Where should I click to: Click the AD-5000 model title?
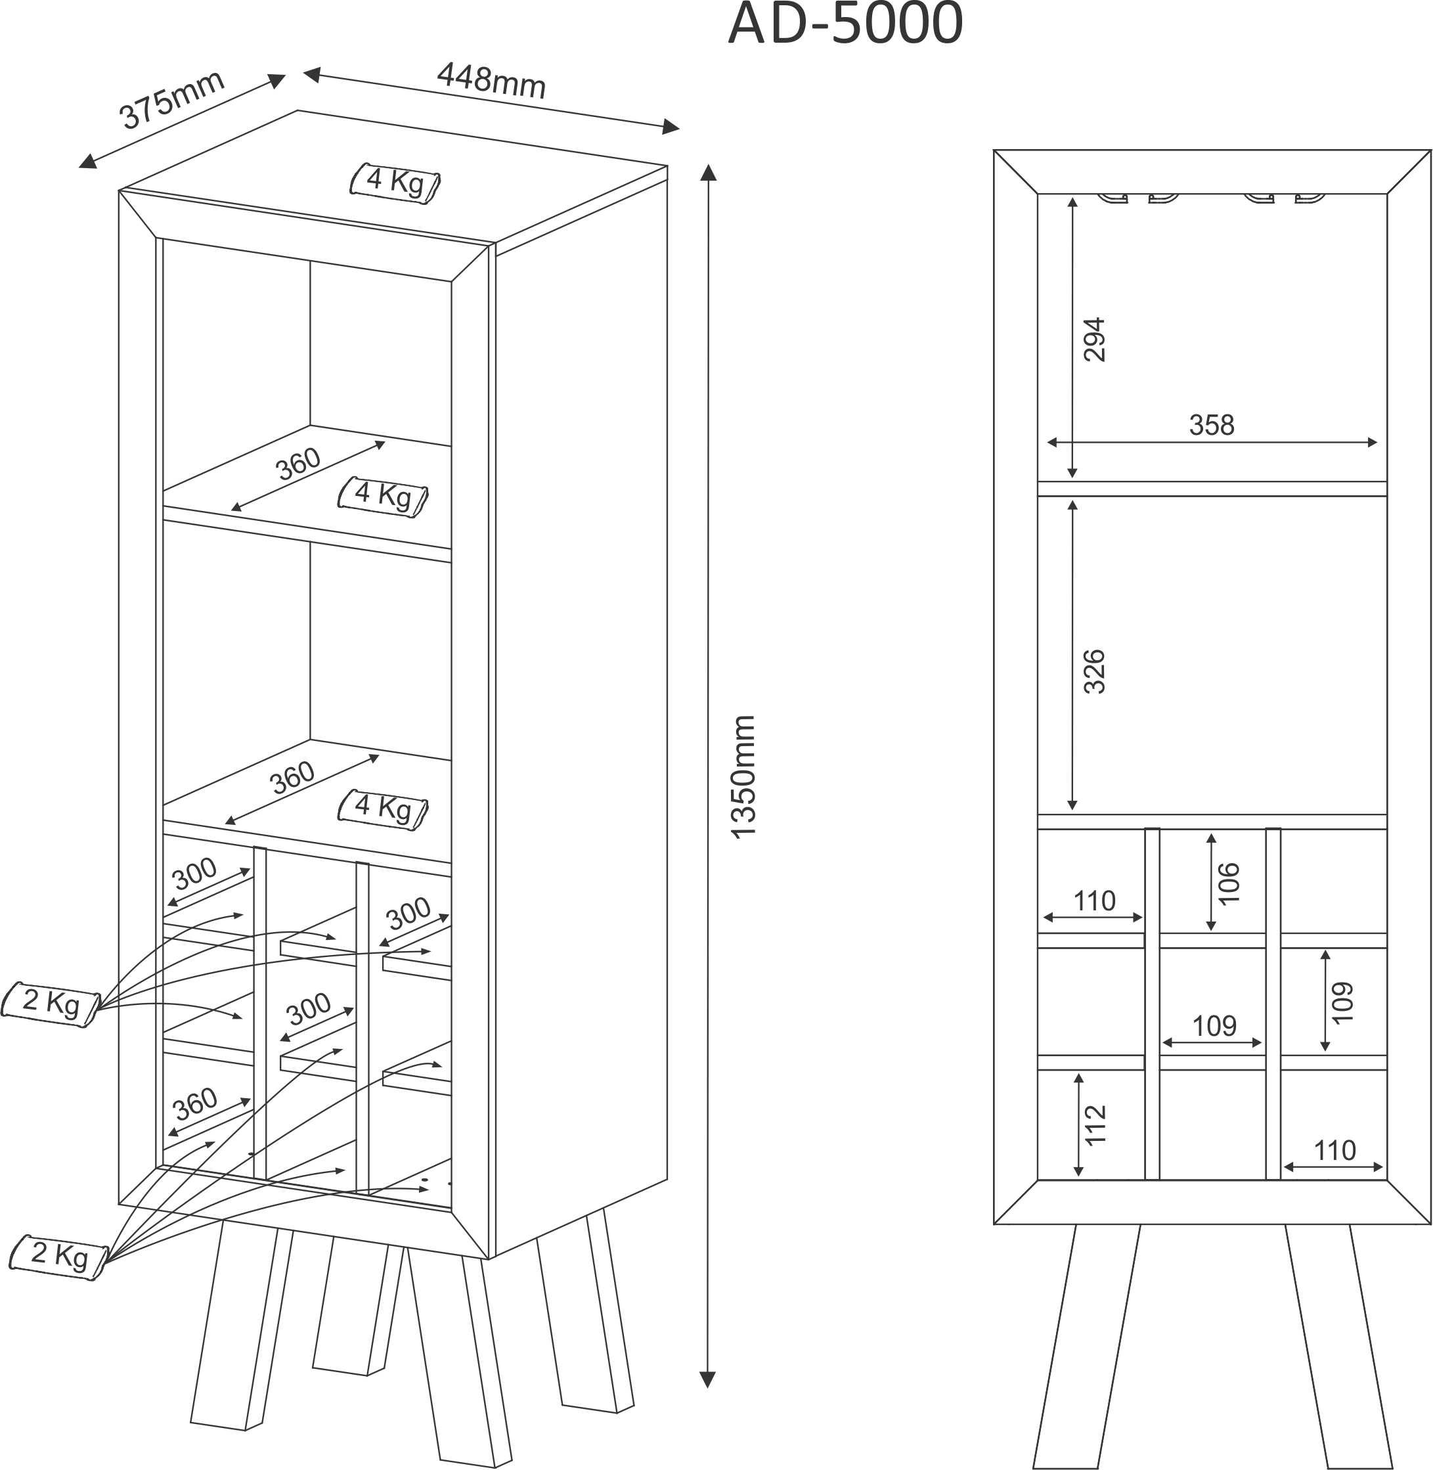tap(845, 24)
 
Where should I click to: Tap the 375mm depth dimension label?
tap(171, 99)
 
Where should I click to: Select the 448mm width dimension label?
tap(491, 81)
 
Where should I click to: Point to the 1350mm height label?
tap(743, 777)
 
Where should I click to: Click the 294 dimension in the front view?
tap(1094, 340)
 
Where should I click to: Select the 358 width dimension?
tap(1212, 424)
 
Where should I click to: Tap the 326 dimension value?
tap(1094, 671)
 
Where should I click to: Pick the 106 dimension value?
tap(1228, 883)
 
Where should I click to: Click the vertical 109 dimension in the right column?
tap(1342, 1002)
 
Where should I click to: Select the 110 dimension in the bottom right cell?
tap(1334, 1150)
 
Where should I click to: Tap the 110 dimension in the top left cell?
tap(1094, 901)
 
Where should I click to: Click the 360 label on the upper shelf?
tap(298, 464)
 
